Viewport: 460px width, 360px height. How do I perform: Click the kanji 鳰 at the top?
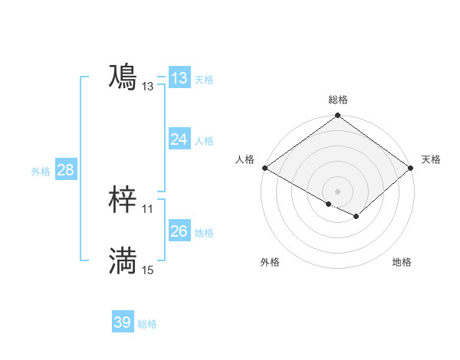point(123,78)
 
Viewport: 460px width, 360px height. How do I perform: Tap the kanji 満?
point(123,262)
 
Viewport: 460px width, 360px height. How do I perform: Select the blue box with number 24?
point(179,139)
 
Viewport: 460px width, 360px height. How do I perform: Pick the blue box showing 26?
point(179,231)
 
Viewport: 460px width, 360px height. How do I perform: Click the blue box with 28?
point(65,170)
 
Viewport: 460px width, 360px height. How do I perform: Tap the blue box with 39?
point(122,322)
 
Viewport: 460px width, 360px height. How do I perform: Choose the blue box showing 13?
point(179,78)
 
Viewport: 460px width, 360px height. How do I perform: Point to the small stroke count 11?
point(147,208)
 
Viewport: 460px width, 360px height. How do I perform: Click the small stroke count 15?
point(147,270)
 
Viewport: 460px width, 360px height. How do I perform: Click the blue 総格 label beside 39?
point(147,324)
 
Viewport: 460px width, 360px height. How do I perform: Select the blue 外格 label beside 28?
point(41,172)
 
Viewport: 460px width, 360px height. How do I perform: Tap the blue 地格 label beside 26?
point(204,233)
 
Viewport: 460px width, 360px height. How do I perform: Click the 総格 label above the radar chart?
point(337,100)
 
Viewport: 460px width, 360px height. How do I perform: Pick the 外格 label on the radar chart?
point(270,263)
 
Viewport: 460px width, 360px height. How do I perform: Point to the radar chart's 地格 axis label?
point(402,263)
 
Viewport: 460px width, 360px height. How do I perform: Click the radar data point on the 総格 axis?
point(337,116)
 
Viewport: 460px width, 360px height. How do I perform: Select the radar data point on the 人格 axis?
point(264,168)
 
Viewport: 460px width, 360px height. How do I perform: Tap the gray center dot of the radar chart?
point(337,191)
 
